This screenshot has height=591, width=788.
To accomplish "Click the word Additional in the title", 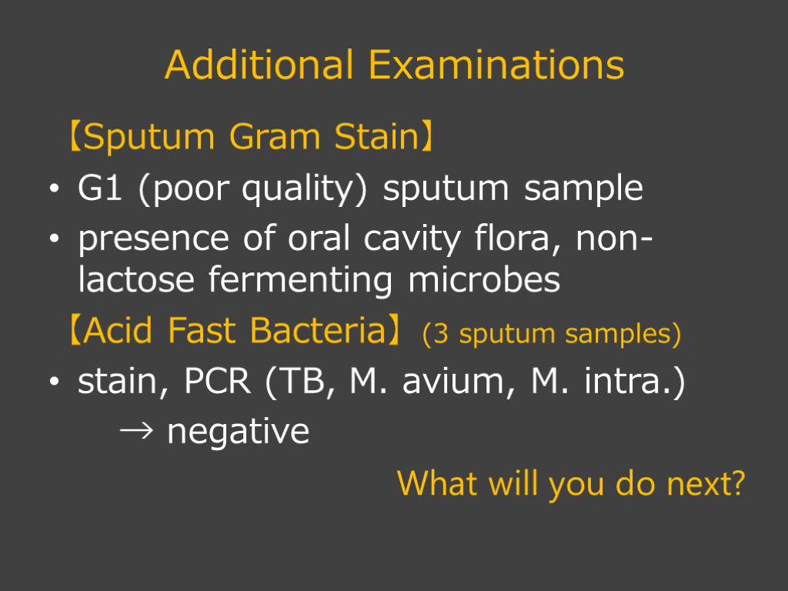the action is [x=259, y=65].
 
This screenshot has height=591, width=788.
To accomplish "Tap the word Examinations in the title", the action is [x=496, y=65].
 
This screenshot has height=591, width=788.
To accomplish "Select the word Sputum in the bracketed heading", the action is [x=149, y=138].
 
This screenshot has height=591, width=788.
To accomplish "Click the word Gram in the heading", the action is [x=275, y=137].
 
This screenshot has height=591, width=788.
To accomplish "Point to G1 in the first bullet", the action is [x=99, y=188].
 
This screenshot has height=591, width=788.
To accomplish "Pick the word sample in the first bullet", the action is [x=583, y=190].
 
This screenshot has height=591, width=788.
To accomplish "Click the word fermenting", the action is [x=300, y=281].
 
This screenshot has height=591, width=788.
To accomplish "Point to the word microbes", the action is [x=484, y=279].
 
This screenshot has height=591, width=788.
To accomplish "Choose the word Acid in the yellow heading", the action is [x=118, y=331].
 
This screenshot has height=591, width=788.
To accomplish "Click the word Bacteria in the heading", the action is [x=318, y=331].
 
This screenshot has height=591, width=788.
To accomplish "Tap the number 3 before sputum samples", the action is [x=440, y=333].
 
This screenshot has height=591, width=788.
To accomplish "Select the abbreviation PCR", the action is [x=217, y=381].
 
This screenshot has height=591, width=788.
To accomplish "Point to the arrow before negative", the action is [x=136, y=431].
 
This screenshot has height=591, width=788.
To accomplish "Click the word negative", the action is [x=239, y=432].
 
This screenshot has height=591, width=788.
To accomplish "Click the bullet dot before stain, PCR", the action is [x=55, y=382].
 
